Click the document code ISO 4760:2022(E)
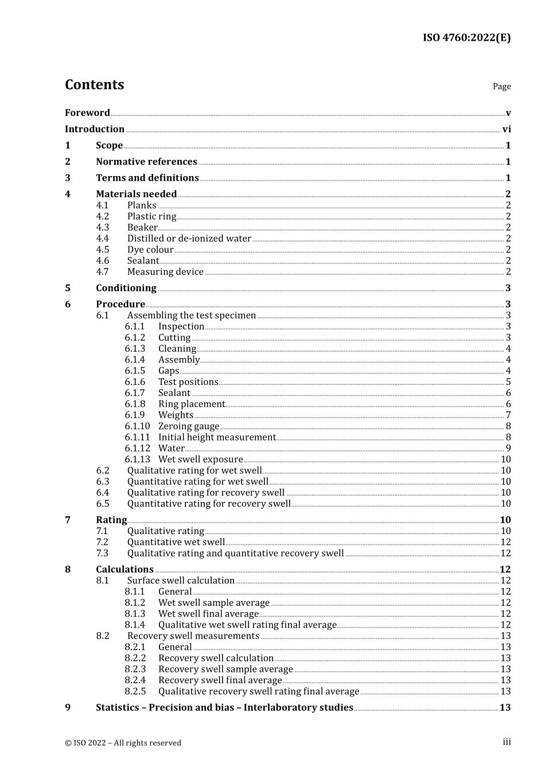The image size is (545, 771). [466, 38]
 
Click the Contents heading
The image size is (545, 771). [94, 85]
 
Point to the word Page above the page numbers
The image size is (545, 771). [501, 87]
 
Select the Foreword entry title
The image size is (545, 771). [87, 113]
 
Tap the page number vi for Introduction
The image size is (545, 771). [507, 130]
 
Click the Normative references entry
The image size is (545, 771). [146, 162]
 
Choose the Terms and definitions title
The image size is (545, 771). [147, 178]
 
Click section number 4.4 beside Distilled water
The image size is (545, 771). [102, 239]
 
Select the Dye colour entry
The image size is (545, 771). [150, 250]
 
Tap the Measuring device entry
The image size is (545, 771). [165, 272]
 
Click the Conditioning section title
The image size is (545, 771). [126, 288]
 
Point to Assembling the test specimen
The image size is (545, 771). [192, 316]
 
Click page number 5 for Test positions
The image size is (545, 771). [508, 382]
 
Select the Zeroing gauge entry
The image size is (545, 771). [189, 426]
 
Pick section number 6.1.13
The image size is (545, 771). [137, 460]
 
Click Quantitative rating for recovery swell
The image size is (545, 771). [209, 504]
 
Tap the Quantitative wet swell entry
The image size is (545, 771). [176, 542]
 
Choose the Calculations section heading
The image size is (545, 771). [124, 570]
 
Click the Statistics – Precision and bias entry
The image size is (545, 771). [224, 708]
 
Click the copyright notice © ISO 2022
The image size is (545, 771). [123, 743]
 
